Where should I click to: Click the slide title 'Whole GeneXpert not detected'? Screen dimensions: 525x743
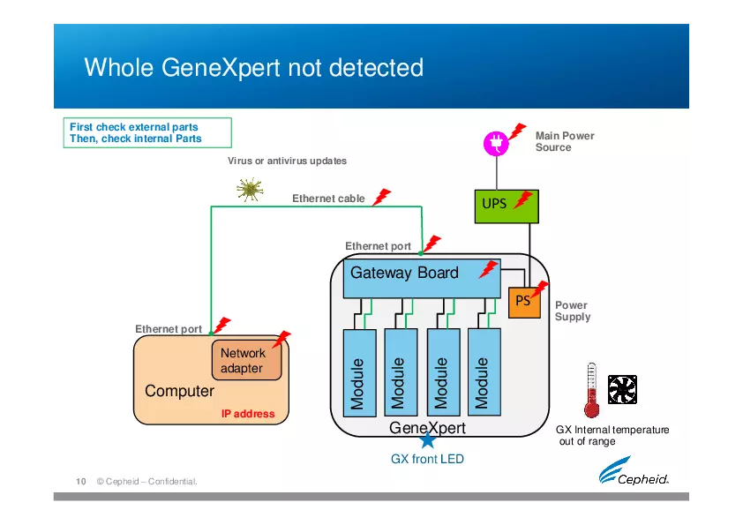click(x=253, y=68)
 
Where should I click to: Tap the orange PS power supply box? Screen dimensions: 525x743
click(x=523, y=302)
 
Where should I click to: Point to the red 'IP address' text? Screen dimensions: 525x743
click(x=247, y=414)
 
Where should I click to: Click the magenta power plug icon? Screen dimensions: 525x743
click(x=496, y=143)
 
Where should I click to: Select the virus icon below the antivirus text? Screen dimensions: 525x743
click(x=250, y=188)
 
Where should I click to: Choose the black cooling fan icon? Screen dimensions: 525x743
click(x=622, y=388)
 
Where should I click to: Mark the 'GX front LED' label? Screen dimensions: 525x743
click(x=427, y=459)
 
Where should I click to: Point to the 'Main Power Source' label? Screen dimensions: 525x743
click(x=565, y=141)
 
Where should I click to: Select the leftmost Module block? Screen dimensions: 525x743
click(x=358, y=371)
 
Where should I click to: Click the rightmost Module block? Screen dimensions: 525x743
click(x=483, y=371)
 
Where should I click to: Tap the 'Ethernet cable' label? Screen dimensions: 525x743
click(x=328, y=199)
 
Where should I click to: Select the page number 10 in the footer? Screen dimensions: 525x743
click(x=80, y=481)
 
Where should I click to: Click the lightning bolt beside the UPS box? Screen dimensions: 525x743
click(x=524, y=199)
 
